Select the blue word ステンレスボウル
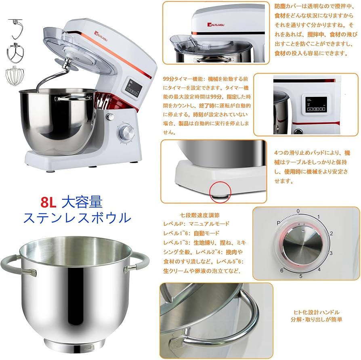tap(77, 218)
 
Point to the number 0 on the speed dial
tap(298, 211)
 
